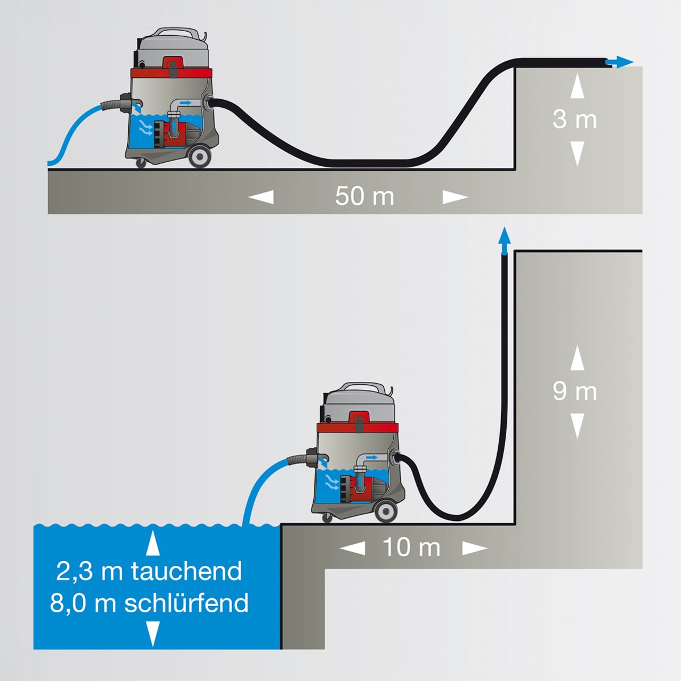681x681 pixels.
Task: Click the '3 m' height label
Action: pyautogui.click(x=574, y=119)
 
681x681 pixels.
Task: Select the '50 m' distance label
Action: pyautogui.click(x=364, y=196)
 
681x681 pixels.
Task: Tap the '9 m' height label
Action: pyautogui.click(x=574, y=392)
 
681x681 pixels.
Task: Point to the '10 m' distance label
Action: pyautogui.click(x=411, y=548)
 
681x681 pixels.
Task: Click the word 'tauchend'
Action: pyautogui.click(x=187, y=571)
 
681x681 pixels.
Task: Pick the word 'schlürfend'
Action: pyautogui.click(x=186, y=603)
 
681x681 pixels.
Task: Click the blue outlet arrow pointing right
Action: pyautogui.click(x=621, y=62)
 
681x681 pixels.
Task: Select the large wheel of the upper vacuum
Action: pyautogui.click(x=199, y=157)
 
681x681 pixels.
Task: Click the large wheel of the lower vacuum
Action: pyautogui.click(x=386, y=512)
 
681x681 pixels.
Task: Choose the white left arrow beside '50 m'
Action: pyautogui.click(x=261, y=197)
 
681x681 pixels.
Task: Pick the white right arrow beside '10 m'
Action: pyautogui.click(x=474, y=548)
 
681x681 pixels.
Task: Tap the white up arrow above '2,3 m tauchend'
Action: pyautogui.click(x=153, y=543)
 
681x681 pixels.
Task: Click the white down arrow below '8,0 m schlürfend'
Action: pyautogui.click(x=153, y=633)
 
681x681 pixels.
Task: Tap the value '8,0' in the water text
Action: pyautogui.click(x=68, y=603)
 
